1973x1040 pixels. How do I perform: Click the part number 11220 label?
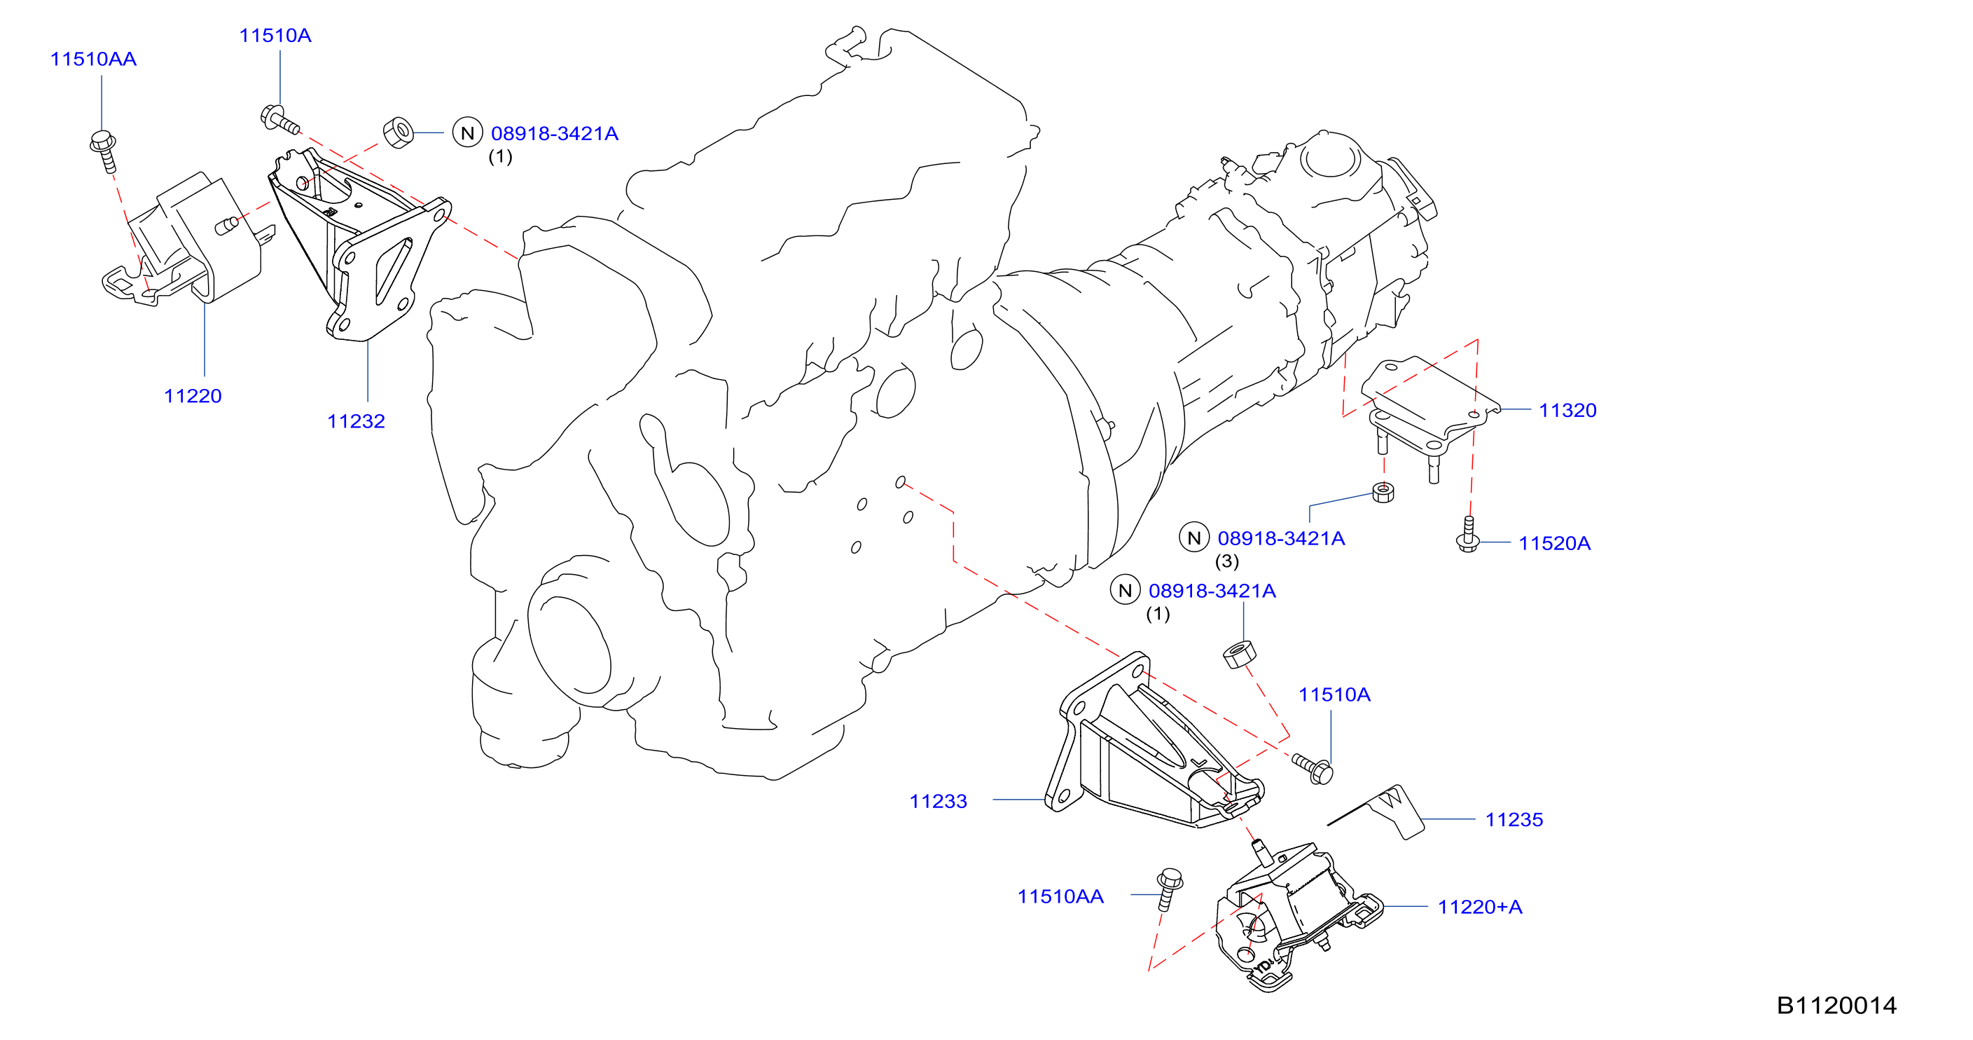[x=193, y=396]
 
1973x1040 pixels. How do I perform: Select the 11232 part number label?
[x=356, y=421]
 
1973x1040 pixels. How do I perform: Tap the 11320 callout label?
[x=1568, y=411]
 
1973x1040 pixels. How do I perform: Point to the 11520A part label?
[x=1555, y=544]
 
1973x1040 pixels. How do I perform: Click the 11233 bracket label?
[x=939, y=802]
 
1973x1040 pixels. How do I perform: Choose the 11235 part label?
[x=1514, y=820]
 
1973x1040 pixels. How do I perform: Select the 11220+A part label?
[x=1480, y=908]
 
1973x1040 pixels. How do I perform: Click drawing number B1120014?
[x=1836, y=1006]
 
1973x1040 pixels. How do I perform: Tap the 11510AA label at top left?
[x=93, y=60]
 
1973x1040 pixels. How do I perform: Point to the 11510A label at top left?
[x=275, y=36]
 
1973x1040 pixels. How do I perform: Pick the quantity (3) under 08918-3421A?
[x=1227, y=562]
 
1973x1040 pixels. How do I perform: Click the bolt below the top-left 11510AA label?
[x=104, y=151]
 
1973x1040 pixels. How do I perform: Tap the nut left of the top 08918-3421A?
[x=399, y=132]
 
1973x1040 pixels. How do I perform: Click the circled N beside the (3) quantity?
[x=1194, y=538]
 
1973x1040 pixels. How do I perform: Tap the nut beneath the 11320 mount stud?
[x=1383, y=492]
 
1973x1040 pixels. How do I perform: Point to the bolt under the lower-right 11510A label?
[x=1313, y=769]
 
